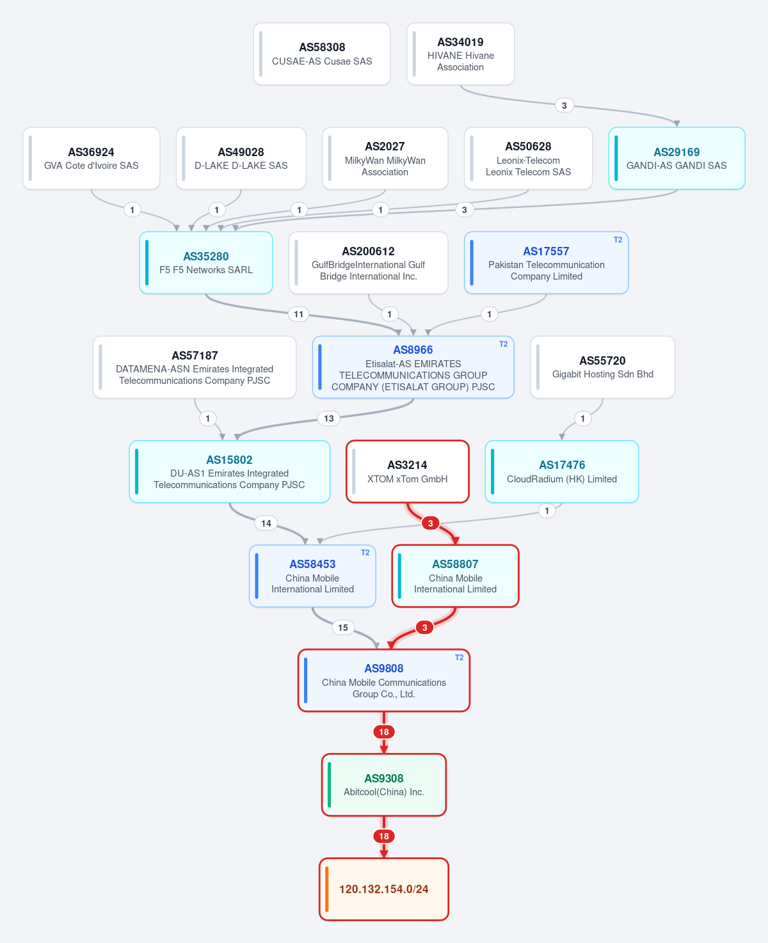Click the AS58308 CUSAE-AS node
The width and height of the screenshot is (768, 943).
click(321, 54)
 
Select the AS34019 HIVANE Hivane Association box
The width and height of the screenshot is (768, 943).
click(460, 54)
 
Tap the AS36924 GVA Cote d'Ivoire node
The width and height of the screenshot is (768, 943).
click(92, 158)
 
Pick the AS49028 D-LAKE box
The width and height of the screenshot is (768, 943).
click(241, 158)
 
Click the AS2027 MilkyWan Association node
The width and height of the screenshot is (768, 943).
click(385, 158)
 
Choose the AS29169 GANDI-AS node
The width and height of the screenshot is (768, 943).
click(676, 158)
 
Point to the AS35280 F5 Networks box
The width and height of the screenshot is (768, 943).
click(206, 262)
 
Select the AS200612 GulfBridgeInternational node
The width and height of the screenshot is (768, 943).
click(368, 262)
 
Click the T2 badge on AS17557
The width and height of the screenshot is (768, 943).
click(618, 239)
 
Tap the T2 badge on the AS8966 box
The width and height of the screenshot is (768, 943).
click(504, 344)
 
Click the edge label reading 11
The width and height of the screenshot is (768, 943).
click(298, 314)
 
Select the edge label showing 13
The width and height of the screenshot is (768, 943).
click(328, 418)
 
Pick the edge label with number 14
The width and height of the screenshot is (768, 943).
click(266, 523)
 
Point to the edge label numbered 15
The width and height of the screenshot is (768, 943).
click(343, 628)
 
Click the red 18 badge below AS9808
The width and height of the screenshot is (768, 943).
click(384, 732)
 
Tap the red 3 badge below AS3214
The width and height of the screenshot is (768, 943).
click(430, 523)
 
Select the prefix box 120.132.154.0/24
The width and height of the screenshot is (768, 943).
click(384, 889)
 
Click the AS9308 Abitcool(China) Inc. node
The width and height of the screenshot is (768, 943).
click(384, 784)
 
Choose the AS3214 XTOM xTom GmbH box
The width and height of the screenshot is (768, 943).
click(408, 471)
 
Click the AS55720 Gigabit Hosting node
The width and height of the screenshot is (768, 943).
click(602, 367)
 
